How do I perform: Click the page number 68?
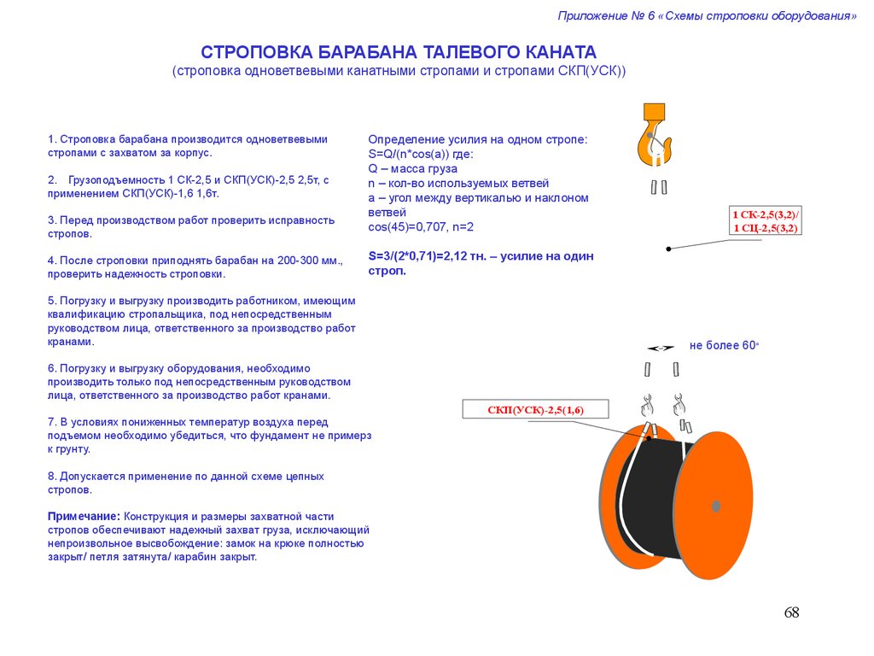tap(791, 612)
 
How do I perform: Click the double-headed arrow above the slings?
tap(661, 348)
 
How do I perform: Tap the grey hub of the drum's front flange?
tap(715, 506)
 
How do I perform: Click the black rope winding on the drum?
tap(653, 495)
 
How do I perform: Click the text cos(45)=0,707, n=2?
tap(421, 226)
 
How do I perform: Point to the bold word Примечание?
tap(83, 517)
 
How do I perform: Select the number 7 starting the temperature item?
tap(51, 422)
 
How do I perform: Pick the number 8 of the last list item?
tap(51, 476)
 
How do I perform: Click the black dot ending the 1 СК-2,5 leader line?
tap(668, 249)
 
